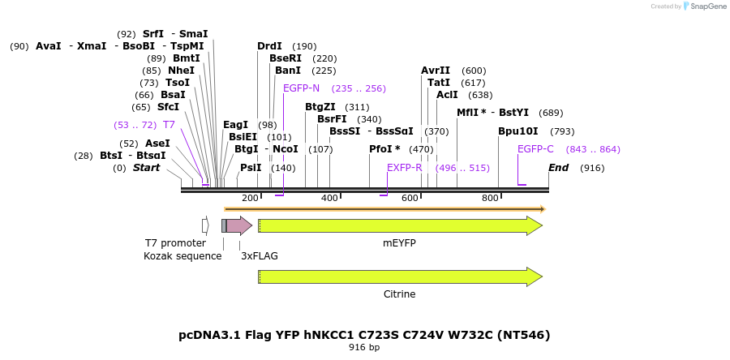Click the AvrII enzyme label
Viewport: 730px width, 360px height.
[x=436, y=71]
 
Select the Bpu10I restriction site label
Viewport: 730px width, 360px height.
[x=518, y=131]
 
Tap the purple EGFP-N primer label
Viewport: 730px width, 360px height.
[x=301, y=88]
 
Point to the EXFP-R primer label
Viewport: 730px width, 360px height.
[x=405, y=168]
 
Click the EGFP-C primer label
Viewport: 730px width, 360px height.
[x=535, y=149]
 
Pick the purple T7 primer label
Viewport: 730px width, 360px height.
[x=169, y=125]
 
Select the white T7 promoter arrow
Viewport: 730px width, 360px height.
[x=205, y=225]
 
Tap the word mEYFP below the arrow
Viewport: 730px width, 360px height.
[x=399, y=242]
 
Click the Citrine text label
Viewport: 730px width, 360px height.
[x=399, y=294]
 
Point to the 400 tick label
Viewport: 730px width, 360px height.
[x=329, y=198]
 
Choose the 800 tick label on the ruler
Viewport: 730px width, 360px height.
[x=490, y=198]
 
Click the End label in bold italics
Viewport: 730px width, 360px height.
[x=558, y=168]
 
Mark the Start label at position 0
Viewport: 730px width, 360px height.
[x=146, y=168]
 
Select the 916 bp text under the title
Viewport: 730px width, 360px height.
[x=364, y=348]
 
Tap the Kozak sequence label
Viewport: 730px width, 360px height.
[x=182, y=256]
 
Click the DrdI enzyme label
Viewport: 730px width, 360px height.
[x=269, y=46]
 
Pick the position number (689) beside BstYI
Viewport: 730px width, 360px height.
[x=551, y=113]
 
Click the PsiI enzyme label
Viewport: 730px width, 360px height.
[x=251, y=168]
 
